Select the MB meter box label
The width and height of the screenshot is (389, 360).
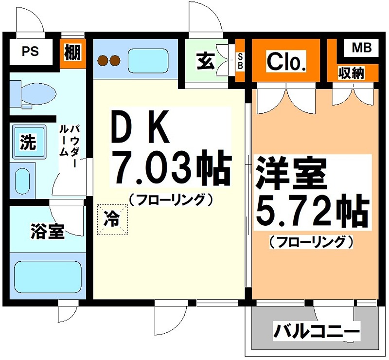pos(361,48)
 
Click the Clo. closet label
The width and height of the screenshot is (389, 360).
pos(286,62)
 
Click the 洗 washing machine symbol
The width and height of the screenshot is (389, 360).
pos(28,142)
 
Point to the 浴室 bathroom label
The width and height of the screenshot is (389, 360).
pos(47,232)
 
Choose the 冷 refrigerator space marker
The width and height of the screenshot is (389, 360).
pos(112,219)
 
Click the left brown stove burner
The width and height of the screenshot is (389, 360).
pos(103,60)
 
